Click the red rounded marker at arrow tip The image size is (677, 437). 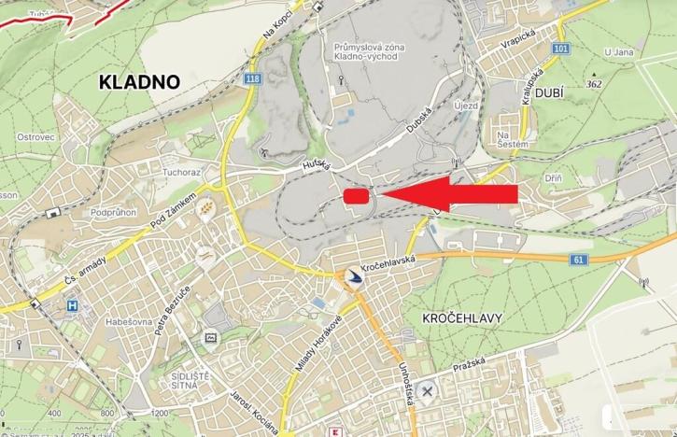pos(356,195)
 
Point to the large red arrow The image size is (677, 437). pos(448,193)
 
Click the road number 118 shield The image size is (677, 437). pos(253,79)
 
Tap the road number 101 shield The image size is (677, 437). pos(559,49)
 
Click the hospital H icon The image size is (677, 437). pos(72,305)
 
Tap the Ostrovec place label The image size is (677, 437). pos(35,136)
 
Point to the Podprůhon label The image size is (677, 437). pos(114,213)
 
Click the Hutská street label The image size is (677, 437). pos(317,165)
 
